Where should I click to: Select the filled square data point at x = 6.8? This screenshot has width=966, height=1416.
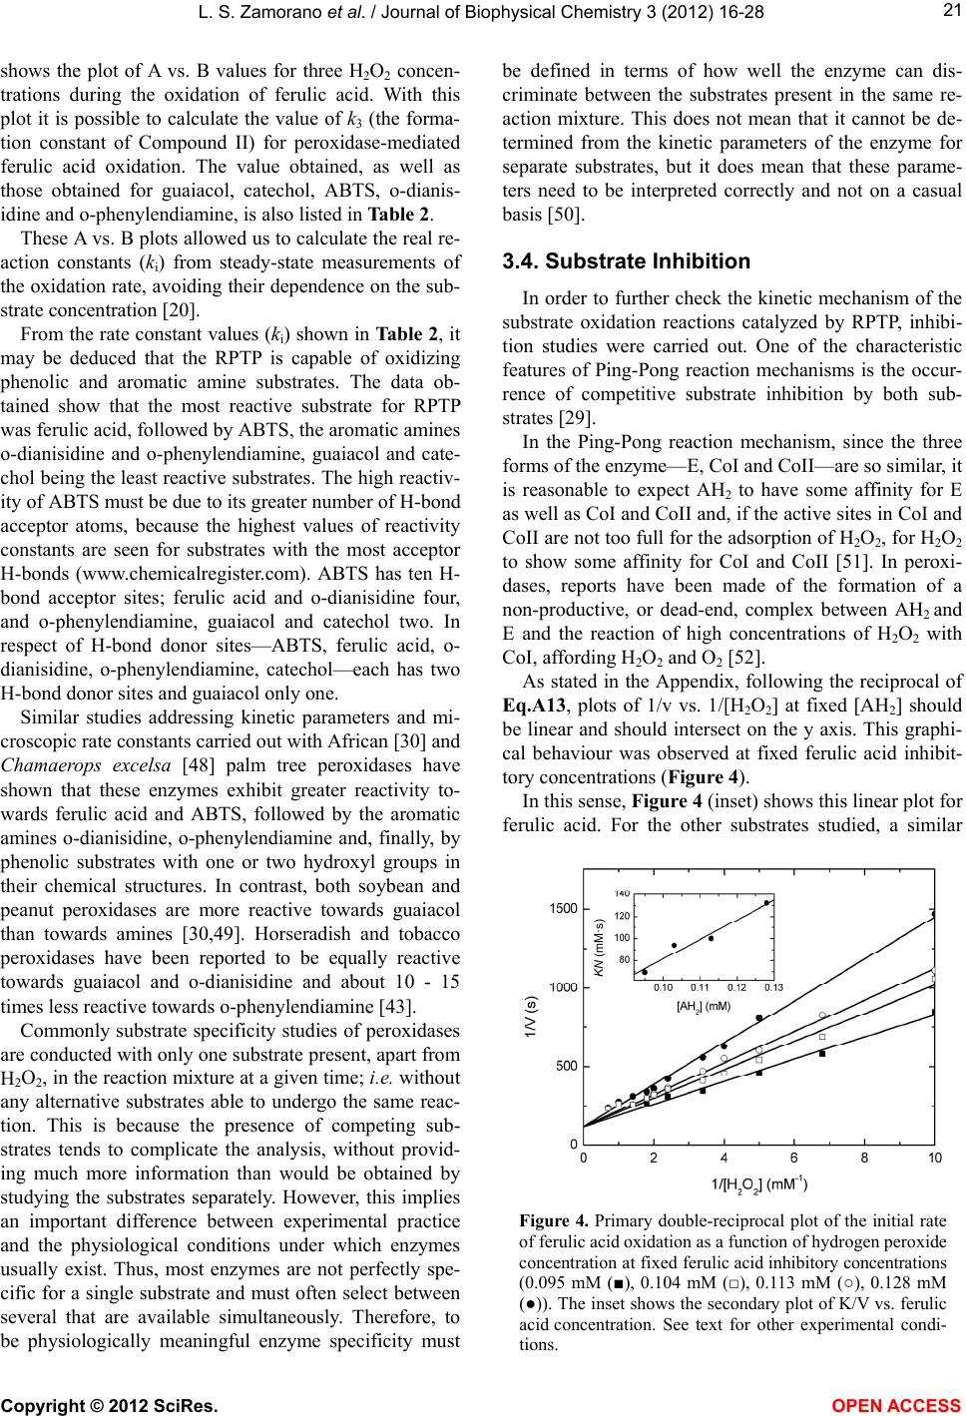point(822,1054)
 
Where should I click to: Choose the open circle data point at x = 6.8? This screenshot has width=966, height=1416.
point(822,1015)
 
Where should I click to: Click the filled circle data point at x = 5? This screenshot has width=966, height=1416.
point(758,1018)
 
